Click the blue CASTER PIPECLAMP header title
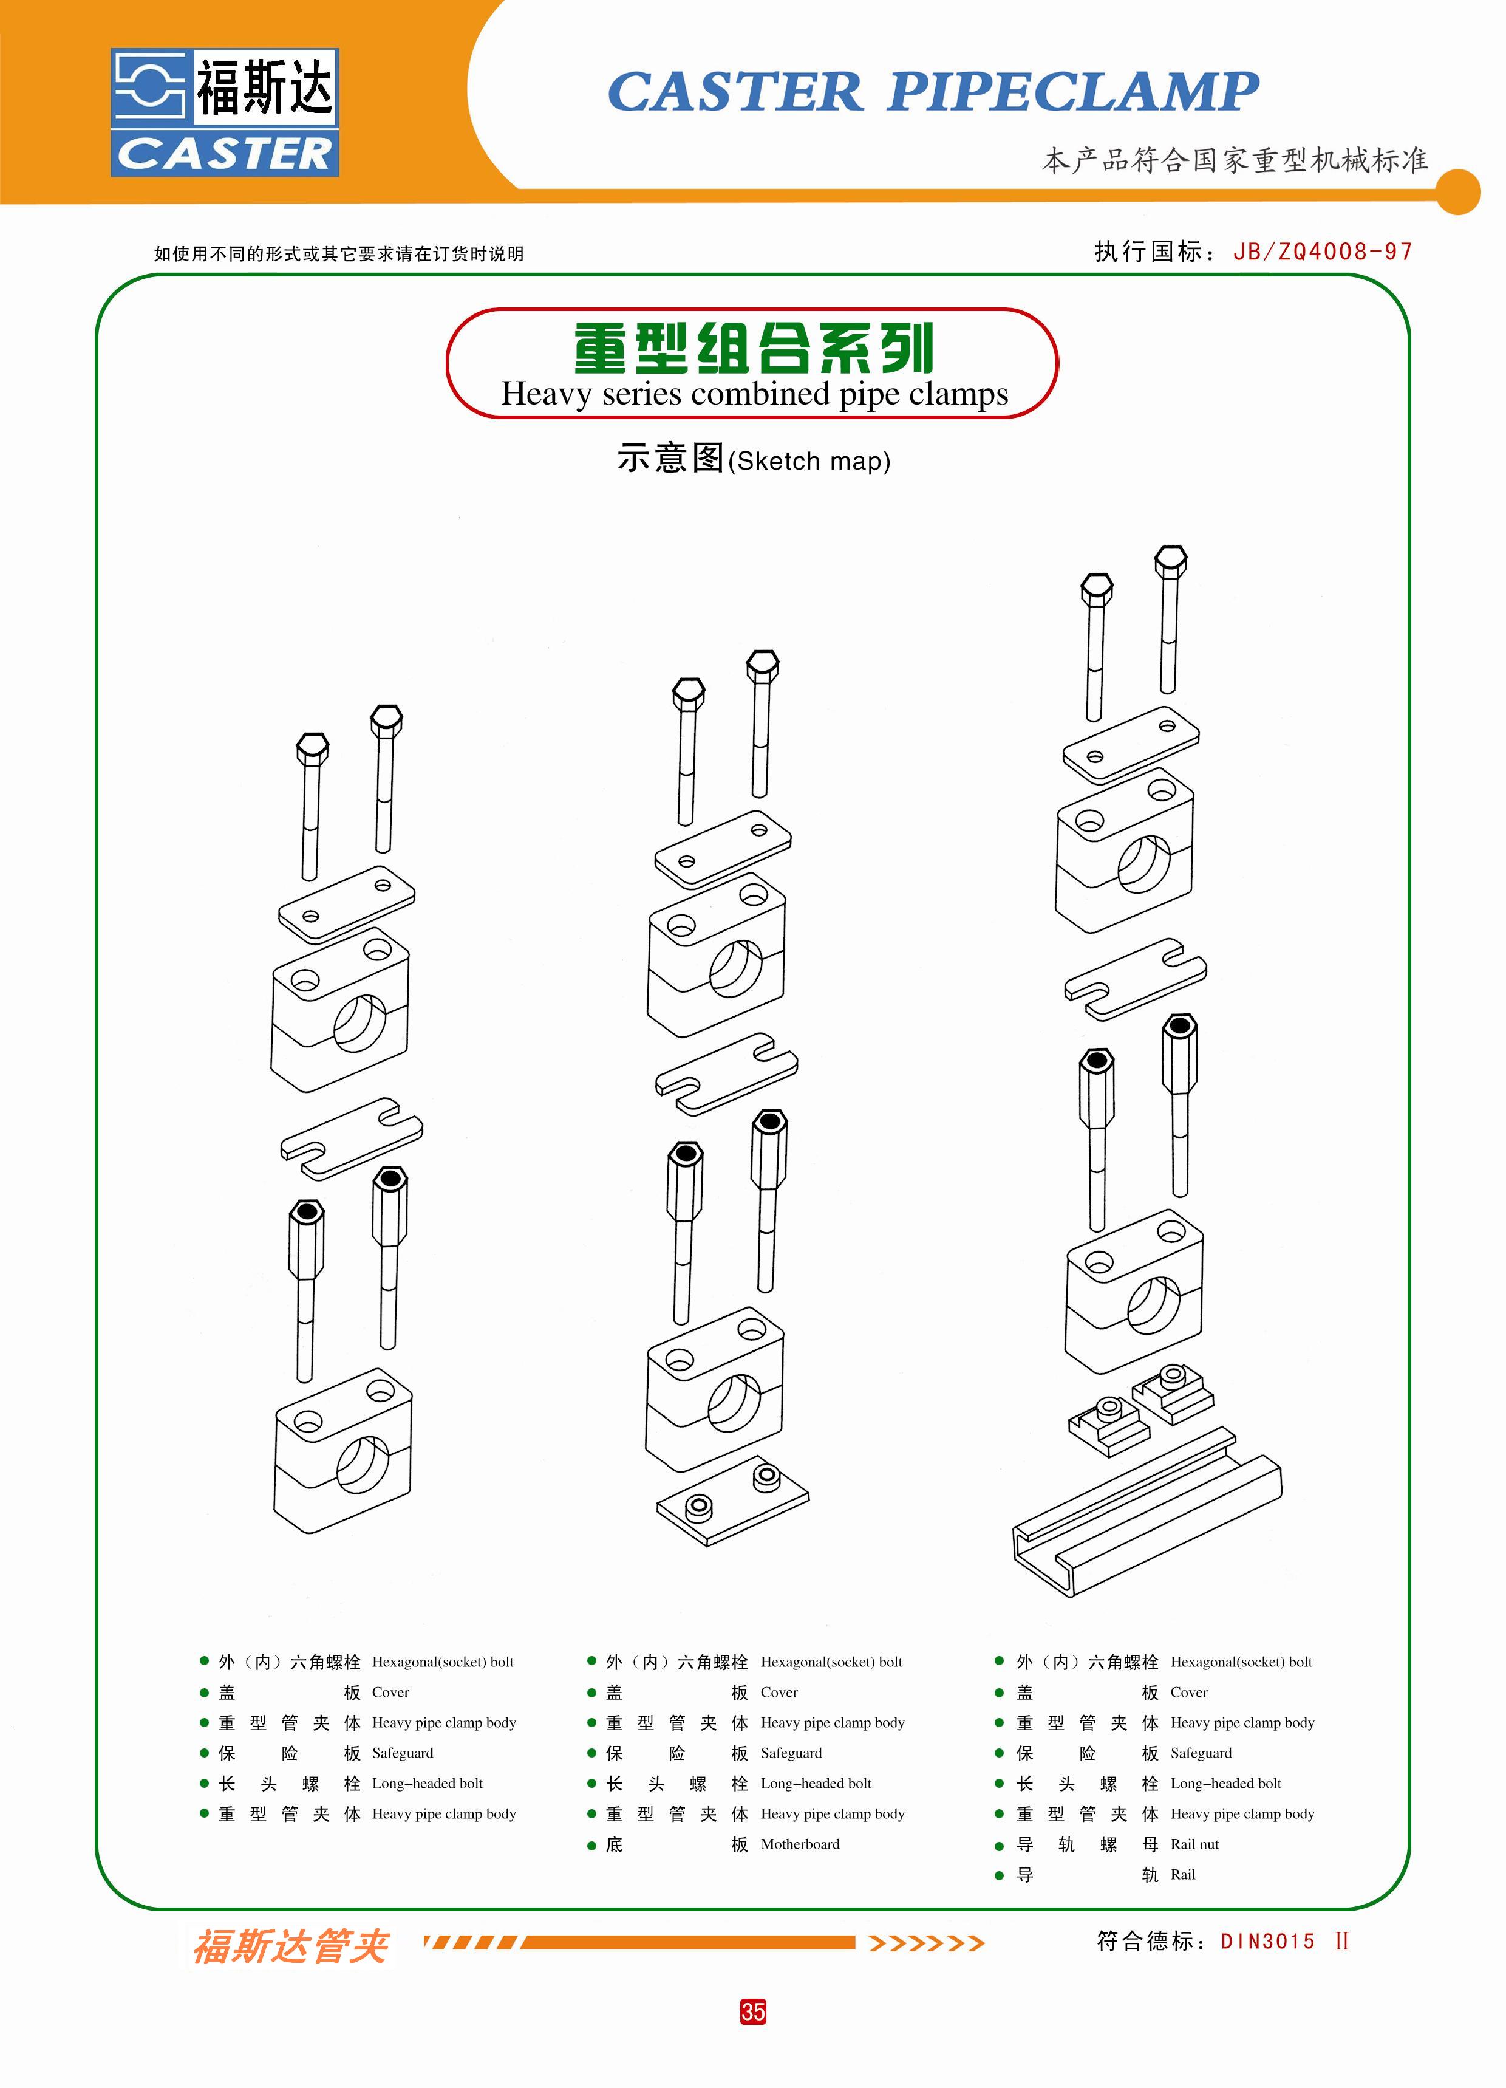point(933,92)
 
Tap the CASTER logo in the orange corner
point(225,112)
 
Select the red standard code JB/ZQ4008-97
point(1322,252)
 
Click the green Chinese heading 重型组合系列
point(753,348)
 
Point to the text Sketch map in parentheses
point(809,461)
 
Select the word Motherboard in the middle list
point(799,1844)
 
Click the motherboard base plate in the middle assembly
point(732,1501)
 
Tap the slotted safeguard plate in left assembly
point(351,1138)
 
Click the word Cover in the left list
point(390,1692)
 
